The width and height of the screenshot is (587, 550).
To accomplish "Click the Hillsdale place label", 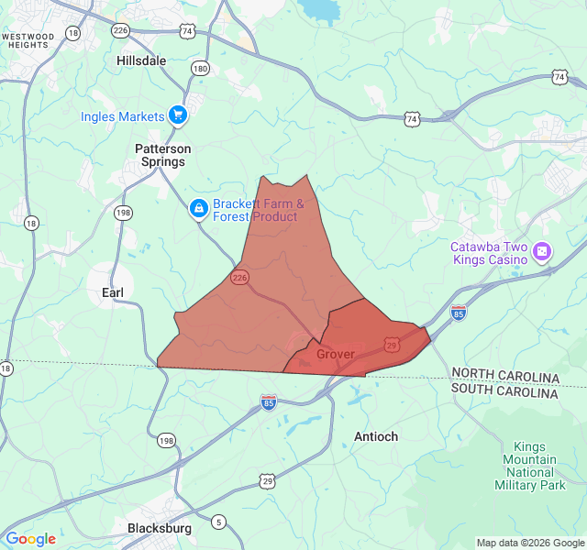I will (141, 60).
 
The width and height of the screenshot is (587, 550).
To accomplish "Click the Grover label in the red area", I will (335, 354).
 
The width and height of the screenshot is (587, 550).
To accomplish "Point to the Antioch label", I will (376, 436).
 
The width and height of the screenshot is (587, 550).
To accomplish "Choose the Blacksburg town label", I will (160, 528).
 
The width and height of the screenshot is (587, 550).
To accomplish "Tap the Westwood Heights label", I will (28, 40).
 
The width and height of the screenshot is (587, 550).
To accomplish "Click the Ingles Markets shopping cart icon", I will (178, 115).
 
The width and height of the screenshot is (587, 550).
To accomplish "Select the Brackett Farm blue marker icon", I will (198, 210).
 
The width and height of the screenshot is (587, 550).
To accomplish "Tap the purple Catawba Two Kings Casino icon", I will (543, 250).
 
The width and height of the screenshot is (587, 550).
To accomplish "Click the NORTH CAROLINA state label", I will (504, 378).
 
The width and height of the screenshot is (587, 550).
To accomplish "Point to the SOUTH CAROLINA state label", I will (504, 392).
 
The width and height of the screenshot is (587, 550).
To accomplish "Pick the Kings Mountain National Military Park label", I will (529, 466).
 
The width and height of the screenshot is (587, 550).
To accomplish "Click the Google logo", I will (30, 539).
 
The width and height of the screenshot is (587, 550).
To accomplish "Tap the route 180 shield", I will (200, 68).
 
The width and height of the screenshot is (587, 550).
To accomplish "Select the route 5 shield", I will (218, 522).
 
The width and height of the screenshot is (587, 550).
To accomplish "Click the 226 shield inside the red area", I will (239, 277).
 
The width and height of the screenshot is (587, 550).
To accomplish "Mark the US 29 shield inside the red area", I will (392, 345).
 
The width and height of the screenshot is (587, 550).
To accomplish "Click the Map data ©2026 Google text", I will (530, 543).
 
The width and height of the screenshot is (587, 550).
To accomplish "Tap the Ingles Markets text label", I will (123, 116).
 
